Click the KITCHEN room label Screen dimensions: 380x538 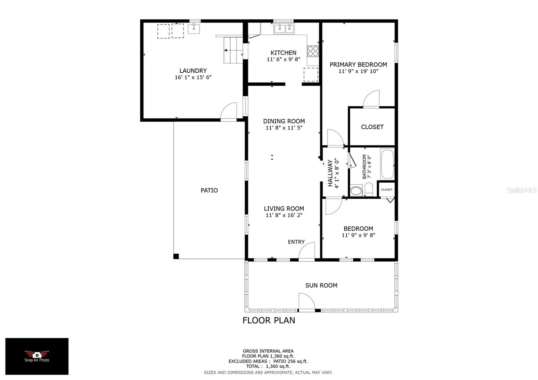tap(283, 53)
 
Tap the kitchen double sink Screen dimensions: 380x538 tap(284, 29)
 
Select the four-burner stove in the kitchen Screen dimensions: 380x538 tap(313, 51)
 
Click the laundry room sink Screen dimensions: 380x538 tap(194, 29)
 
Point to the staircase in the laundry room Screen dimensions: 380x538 tap(233, 50)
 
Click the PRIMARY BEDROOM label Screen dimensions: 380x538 tap(358, 65)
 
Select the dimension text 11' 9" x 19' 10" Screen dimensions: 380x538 tap(358, 71)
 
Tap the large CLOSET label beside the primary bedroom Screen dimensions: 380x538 tap(372, 127)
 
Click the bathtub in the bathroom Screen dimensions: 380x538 tap(387, 164)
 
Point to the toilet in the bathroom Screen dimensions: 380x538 tap(369, 189)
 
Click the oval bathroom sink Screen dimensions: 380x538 tap(356, 191)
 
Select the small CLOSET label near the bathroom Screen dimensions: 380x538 tap(387, 190)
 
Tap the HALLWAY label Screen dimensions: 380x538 tap(330, 173)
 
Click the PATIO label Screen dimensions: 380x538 tap(209, 190)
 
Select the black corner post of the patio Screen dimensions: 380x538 tap(176, 256)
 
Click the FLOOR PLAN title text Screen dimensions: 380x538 tap(269, 320)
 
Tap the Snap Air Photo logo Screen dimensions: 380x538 tap(37, 356)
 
